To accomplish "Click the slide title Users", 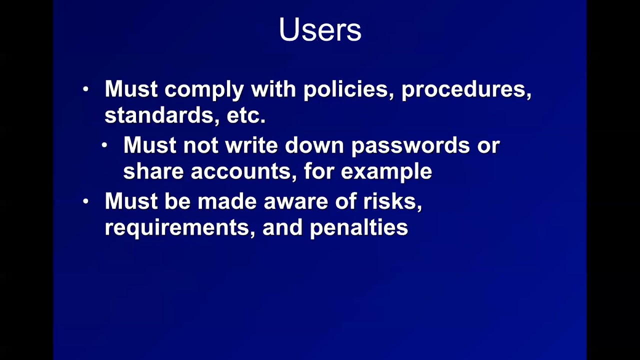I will pyautogui.click(x=320, y=30).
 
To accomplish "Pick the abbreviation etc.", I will pyautogui.click(x=245, y=116).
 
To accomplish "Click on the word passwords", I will pyautogui.click(x=410, y=145).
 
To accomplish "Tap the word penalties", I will pyautogui.click(x=358, y=228).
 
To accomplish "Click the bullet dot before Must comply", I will pyautogui.click(x=86, y=89).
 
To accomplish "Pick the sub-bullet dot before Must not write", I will pyautogui.click(x=104, y=145).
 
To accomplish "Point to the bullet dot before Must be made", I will pyautogui.click(x=86, y=201).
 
